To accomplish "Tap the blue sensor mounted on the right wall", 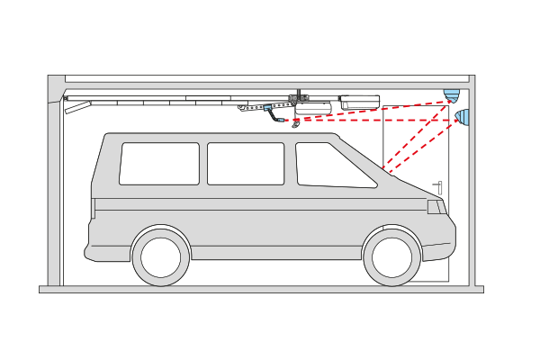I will pos(463,117).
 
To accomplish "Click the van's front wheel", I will pos(392,256).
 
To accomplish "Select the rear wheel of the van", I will pos(160,256).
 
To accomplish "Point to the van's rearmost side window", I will pos(159,163).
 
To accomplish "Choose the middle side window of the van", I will pos(245,163).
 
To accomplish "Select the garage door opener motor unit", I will pos(314,104).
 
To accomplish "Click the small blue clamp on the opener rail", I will pos(268,108).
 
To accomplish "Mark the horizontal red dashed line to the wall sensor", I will pos(378,120).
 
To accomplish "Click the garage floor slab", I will pos(261,290).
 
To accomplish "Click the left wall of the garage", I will pos(54,198).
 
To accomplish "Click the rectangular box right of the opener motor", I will pos(360,102).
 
